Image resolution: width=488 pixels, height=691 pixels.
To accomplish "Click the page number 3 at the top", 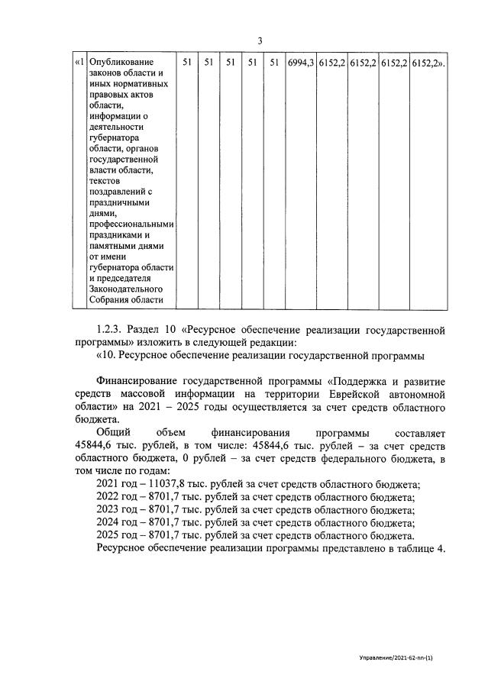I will [x=260, y=40].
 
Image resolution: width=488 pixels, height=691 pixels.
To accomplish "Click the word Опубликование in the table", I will [x=121, y=62].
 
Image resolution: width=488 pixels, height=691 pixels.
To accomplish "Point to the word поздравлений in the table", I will [x=120, y=192].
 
